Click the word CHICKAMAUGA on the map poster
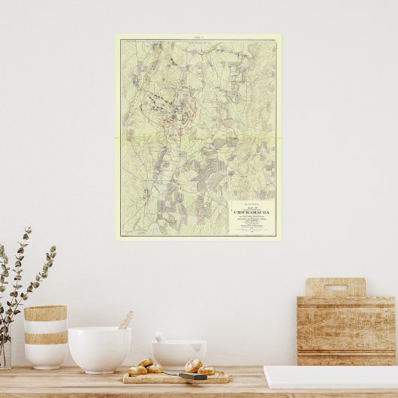tap(252, 213)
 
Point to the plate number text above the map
tap(198, 36)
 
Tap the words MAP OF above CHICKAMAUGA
tap(252, 207)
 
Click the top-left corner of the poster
tap(116, 35)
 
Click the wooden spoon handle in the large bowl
tap(126, 320)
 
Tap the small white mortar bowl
tap(179, 354)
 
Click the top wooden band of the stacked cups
tap(45, 313)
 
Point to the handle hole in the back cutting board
tap(335, 287)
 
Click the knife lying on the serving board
tap(193, 376)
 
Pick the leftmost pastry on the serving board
tap(137, 370)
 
